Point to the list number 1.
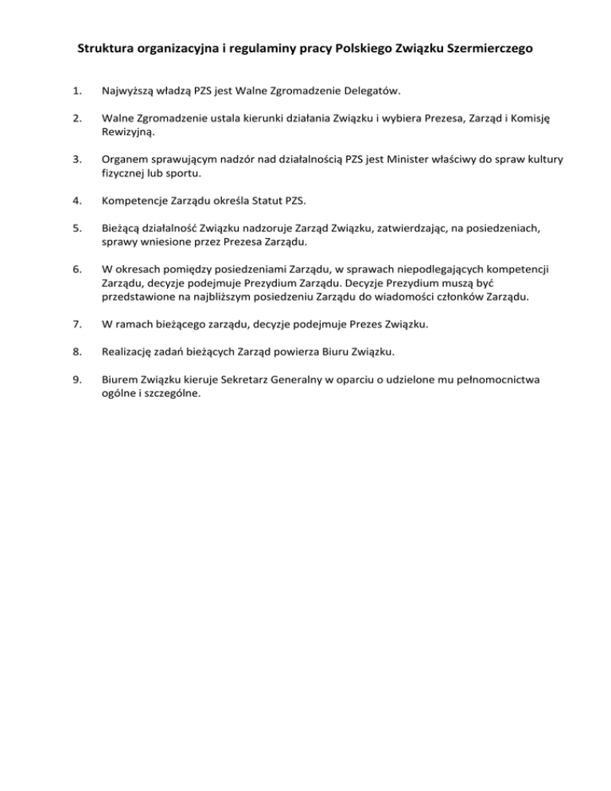tap(76, 92)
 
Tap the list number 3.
tap(76, 160)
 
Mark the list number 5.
tap(76, 228)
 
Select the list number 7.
tap(76, 325)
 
